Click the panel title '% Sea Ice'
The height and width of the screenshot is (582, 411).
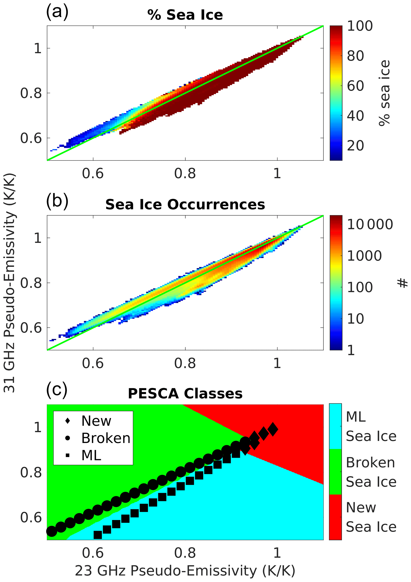(x=185, y=15)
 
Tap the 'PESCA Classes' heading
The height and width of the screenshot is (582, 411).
(x=185, y=394)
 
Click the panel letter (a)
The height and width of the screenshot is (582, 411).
(x=57, y=12)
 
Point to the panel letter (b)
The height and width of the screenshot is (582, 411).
(x=57, y=201)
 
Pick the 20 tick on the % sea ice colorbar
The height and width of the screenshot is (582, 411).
(x=356, y=146)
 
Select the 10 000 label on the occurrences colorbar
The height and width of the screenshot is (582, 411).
(x=370, y=224)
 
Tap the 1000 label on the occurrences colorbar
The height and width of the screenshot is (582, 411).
(x=364, y=256)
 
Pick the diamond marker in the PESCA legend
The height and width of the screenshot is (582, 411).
(x=68, y=421)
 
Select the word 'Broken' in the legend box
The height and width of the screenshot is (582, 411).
(x=106, y=438)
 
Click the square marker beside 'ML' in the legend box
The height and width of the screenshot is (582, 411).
(x=68, y=455)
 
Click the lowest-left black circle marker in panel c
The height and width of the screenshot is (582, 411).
(x=52, y=531)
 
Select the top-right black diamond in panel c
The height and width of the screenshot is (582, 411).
(x=273, y=429)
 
